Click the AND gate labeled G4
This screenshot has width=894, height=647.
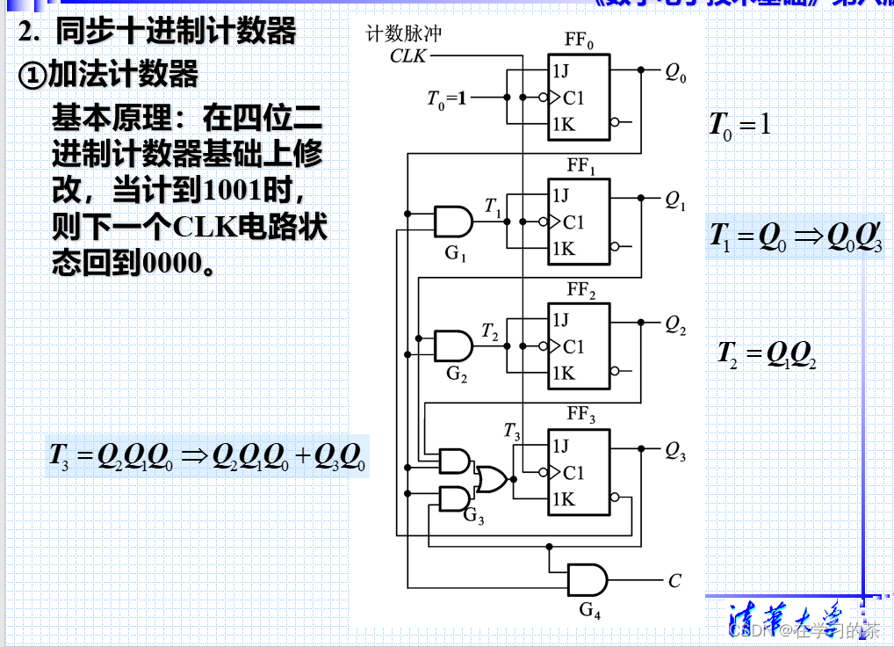coord(587,580)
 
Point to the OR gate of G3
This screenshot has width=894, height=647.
coord(490,479)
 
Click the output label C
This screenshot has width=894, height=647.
coord(674,581)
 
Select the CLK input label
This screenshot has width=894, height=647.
coord(408,56)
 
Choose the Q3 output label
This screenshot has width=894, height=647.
coord(675,452)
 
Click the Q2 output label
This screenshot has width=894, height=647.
coord(675,326)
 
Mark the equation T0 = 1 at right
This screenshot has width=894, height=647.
coord(739,125)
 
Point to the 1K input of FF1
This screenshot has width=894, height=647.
coord(563,250)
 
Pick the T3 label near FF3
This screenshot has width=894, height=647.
coord(512,432)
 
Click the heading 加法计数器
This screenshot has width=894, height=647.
coord(123,76)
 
